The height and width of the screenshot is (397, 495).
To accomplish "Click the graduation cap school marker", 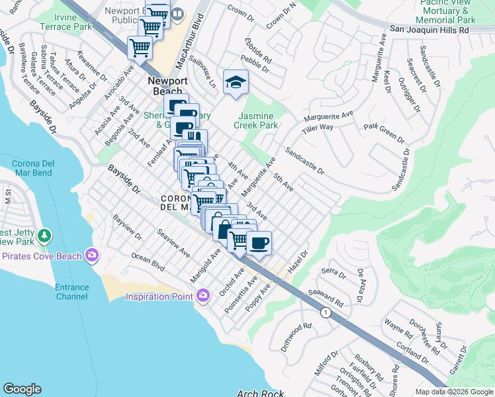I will tap(234, 82).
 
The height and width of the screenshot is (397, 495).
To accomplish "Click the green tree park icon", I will tap(44, 235).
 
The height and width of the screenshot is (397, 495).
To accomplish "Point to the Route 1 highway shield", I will tap(325, 312).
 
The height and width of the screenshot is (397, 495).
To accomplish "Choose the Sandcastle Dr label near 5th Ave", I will tap(304, 161).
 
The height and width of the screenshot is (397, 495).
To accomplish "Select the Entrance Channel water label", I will tap(71, 292).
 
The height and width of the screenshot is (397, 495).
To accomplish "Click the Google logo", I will tap(22, 389).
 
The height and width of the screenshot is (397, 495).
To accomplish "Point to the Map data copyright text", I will tap(453, 392).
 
